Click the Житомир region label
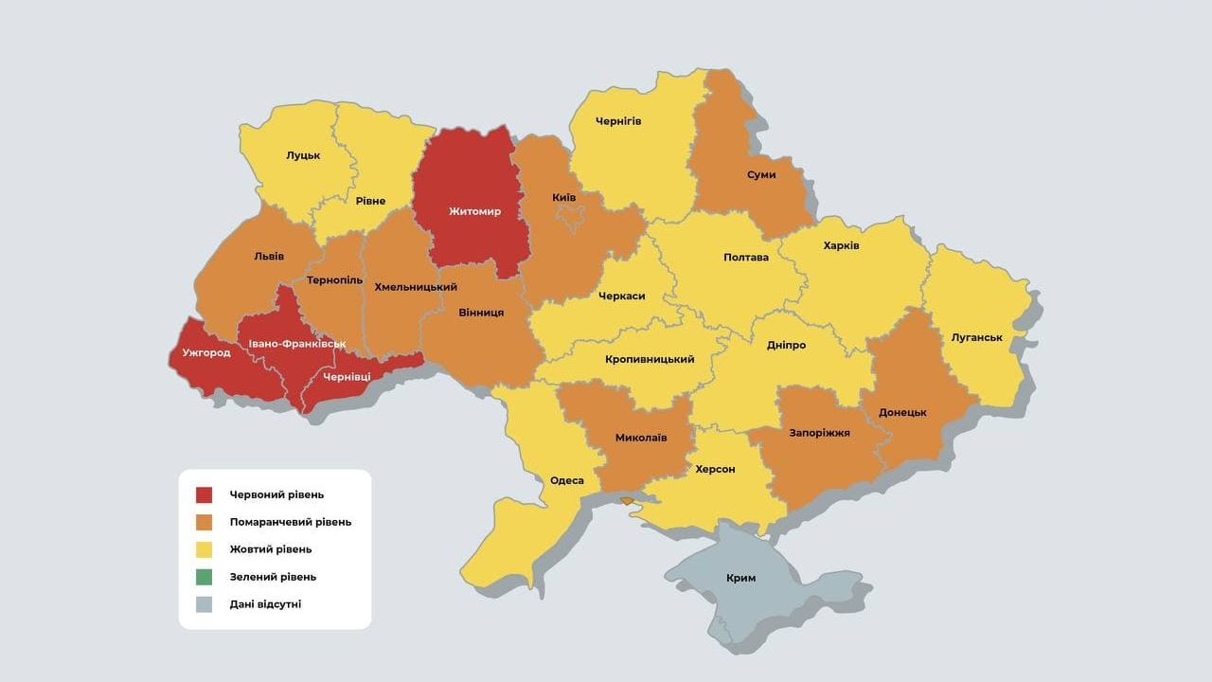click(x=474, y=211)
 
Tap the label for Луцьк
click(x=303, y=155)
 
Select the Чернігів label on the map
click(x=618, y=121)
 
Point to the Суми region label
click(x=760, y=174)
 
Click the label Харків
click(x=841, y=245)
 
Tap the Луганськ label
click(x=977, y=337)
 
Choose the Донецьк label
click(x=901, y=412)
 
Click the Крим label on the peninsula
click(x=740, y=578)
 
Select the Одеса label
click(x=566, y=480)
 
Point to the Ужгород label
click(x=199, y=352)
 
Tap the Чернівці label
click(x=347, y=376)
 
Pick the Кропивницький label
click(x=650, y=359)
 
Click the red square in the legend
click(x=205, y=494)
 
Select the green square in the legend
click(x=205, y=576)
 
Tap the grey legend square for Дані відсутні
click(x=205, y=603)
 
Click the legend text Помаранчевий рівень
click(x=290, y=522)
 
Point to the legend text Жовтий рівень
click(x=270, y=549)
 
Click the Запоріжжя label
click(x=819, y=433)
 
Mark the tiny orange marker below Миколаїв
click(x=626, y=501)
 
